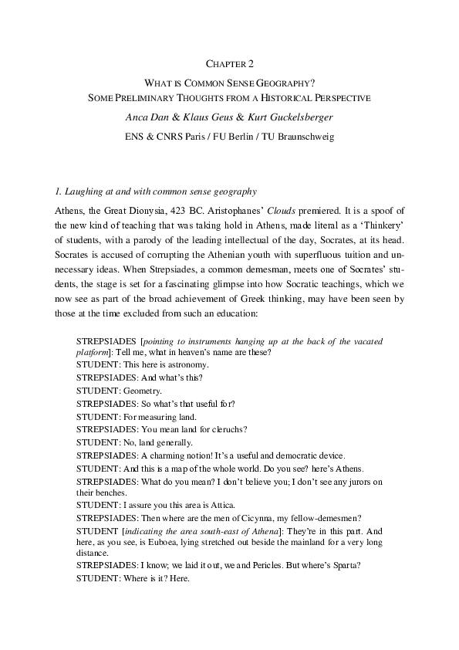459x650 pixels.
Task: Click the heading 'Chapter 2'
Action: (x=229, y=64)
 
